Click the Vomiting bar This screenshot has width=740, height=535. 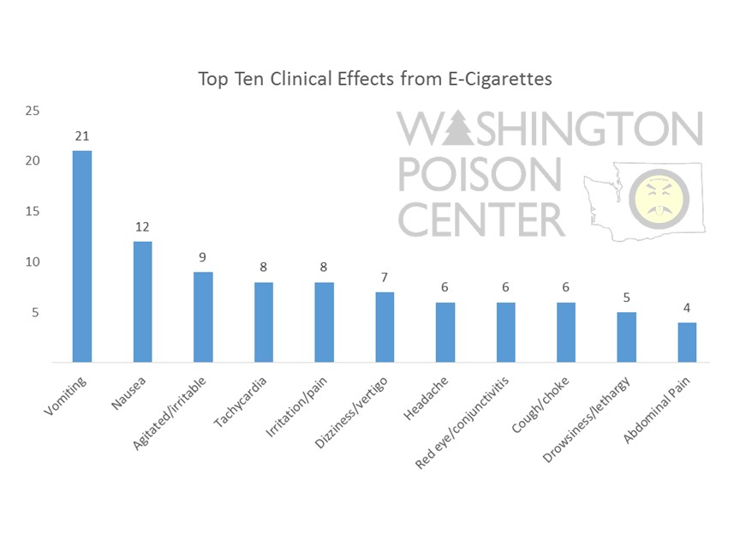[81, 256]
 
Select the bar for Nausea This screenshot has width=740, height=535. [142, 302]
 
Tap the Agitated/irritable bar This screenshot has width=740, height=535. [203, 317]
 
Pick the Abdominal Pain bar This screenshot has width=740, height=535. [687, 342]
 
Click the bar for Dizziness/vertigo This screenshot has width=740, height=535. [385, 327]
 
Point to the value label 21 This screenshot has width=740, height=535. [81, 136]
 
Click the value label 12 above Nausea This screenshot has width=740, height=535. [142, 227]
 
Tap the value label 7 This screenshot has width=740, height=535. [385, 278]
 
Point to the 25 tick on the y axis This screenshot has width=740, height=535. [32, 111]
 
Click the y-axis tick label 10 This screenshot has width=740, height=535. [32, 262]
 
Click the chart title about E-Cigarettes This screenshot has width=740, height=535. [375, 80]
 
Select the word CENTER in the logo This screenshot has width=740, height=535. [481, 219]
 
